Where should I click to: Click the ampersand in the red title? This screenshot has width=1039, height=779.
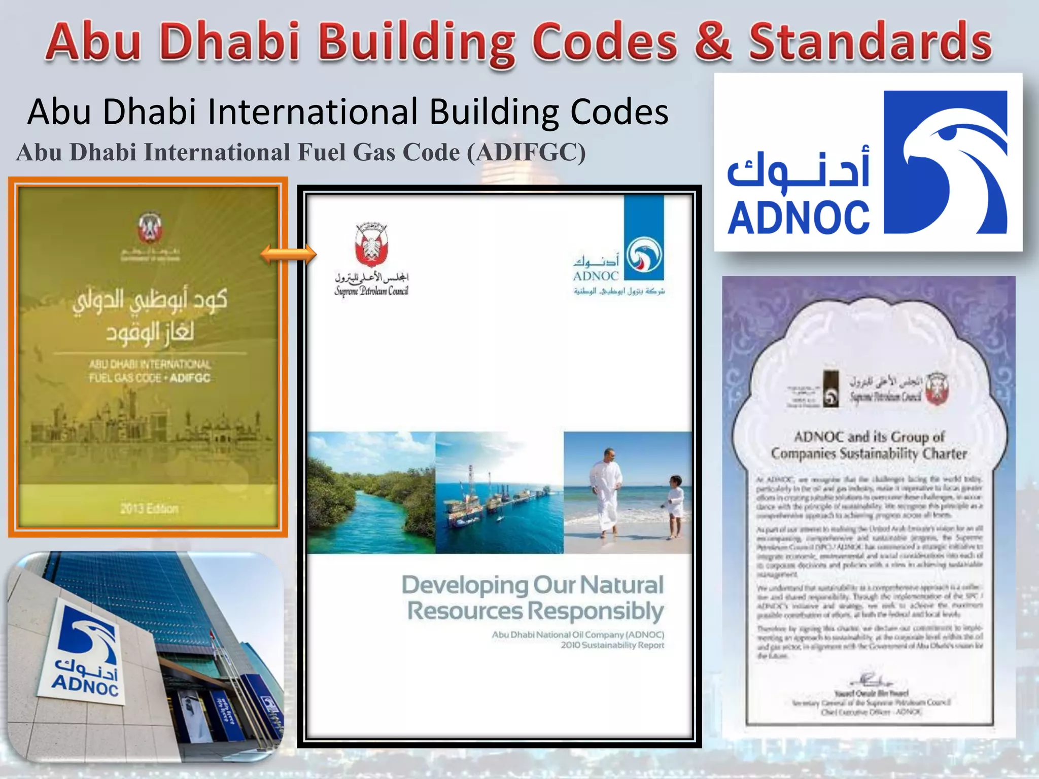click(713, 42)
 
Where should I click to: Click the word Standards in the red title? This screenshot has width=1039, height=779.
click(870, 42)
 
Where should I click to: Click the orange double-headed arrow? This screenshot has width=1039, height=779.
click(288, 253)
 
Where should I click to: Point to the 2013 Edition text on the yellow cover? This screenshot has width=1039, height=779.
click(149, 508)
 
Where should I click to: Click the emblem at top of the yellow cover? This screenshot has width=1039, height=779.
click(150, 228)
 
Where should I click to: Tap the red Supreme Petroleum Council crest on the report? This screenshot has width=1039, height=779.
click(371, 245)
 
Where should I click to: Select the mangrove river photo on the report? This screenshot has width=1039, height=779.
click(371, 492)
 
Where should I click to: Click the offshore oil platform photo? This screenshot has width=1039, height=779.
click(499, 492)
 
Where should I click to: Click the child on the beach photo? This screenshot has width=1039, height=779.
click(675, 505)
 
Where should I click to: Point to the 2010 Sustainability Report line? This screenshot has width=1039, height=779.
click(612, 645)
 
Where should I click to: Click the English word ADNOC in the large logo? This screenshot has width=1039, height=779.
click(799, 218)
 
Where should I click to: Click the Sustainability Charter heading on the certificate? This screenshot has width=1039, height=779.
click(869, 445)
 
